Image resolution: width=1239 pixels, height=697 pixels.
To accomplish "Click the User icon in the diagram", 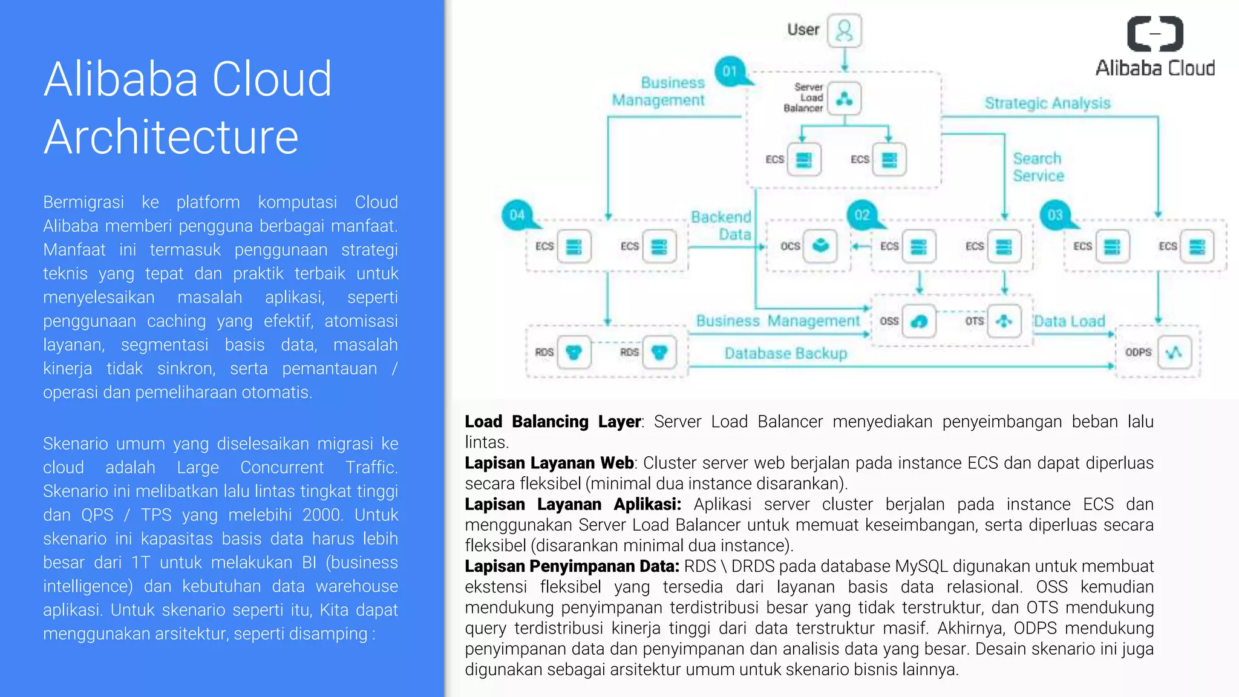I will click(x=844, y=31).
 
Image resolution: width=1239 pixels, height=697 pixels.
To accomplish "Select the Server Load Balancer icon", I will click(x=844, y=99).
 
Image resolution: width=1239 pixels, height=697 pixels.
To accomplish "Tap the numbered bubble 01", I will click(x=730, y=72).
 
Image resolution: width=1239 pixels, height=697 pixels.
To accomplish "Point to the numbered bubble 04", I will click(x=517, y=215).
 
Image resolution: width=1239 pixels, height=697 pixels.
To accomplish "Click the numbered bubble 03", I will click(x=1055, y=215).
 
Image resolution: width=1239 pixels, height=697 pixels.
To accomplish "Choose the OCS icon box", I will click(x=820, y=246).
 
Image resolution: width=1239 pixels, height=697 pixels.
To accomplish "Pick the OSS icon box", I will click(x=918, y=321).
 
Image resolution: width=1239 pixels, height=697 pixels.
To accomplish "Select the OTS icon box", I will click(x=1004, y=321).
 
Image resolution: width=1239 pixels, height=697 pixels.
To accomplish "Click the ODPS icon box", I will click(x=1174, y=352).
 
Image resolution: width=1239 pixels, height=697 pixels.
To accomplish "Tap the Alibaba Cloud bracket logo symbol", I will click(x=1155, y=34).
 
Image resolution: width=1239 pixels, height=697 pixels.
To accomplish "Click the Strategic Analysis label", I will click(x=1047, y=103).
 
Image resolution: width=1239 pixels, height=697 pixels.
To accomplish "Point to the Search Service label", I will click(x=1038, y=167).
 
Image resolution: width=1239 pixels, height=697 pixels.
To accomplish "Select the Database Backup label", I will click(x=785, y=353).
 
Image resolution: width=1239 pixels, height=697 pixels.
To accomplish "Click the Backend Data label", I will click(x=721, y=226).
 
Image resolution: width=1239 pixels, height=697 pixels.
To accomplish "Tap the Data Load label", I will click(x=1069, y=321).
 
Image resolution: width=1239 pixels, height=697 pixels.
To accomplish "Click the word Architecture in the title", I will click(x=171, y=137).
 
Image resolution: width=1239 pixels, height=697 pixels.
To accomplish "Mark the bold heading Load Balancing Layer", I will click(x=553, y=422).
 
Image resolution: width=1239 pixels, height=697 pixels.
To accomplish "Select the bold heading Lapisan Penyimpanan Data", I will click(x=572, y=566).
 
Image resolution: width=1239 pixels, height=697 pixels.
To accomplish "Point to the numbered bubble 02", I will click(x=862, y=215).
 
